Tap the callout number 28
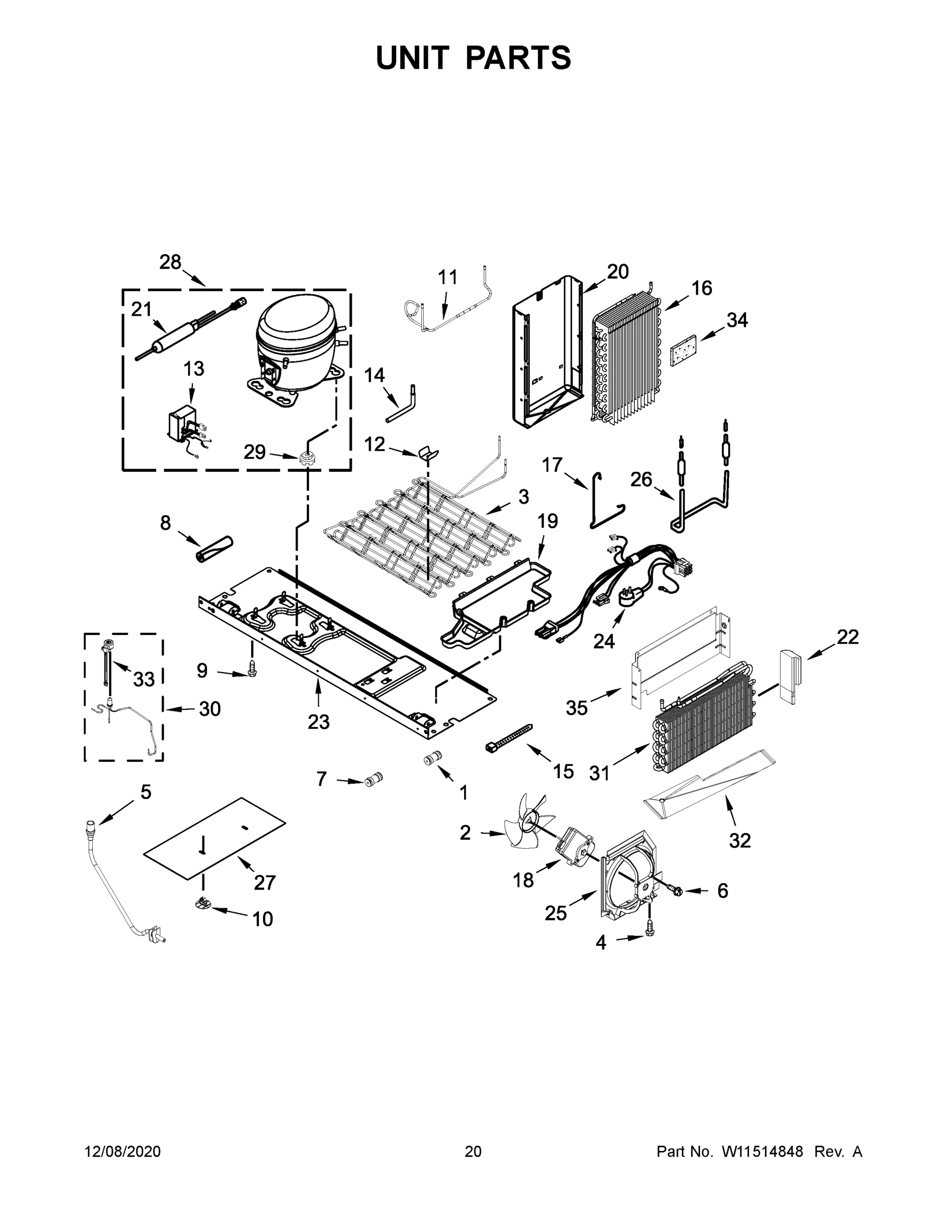[x=170, y=262]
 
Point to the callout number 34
[x=737, y=320]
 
